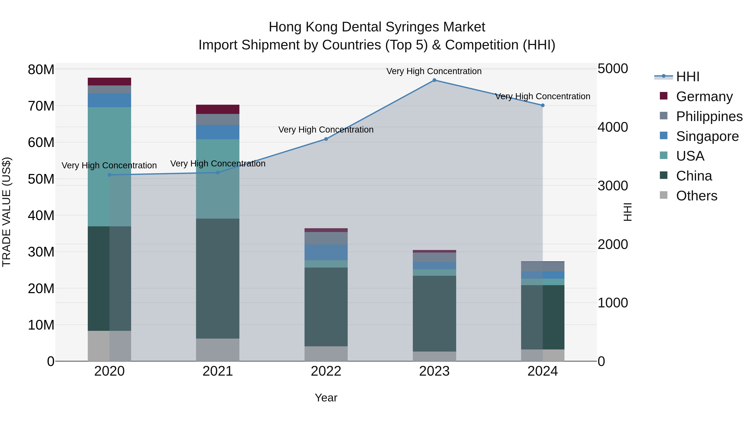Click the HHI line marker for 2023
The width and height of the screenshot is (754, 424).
tap(434, 80)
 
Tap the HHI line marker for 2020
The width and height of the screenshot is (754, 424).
tap(110, 175)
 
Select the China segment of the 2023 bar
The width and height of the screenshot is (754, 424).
tap(434, 313)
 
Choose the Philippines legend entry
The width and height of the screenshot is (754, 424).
tap(709, 116)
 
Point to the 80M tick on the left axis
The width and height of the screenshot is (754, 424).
tap(41, 70)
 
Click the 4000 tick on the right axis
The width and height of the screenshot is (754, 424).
tap(612, 127)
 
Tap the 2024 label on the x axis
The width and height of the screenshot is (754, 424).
tap(542, 371)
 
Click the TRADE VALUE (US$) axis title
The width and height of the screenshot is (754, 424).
tap(7, 212)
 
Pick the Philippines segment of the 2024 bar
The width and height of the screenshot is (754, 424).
tap(542, 267)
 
